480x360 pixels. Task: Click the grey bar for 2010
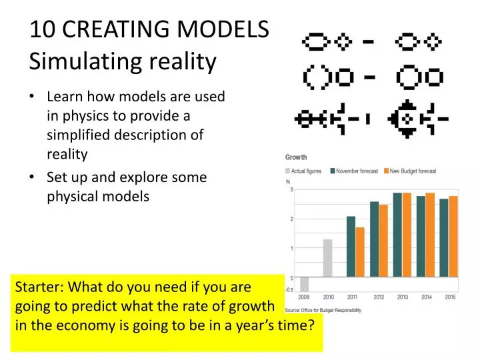click(x=327, y=258)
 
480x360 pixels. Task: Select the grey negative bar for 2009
click(x=304, y=284)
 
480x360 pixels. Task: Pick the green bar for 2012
click(x=374, y=239)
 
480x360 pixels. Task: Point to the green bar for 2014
click(x=421, y=236)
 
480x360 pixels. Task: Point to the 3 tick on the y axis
click(x=291, y=190)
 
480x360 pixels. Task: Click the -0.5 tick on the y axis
click(x=289, y=290)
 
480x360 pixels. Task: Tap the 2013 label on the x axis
click(x=403, y=297)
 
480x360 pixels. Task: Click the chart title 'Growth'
click(x=296, y=157)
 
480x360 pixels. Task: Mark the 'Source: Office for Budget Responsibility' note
click(x=323, y=311)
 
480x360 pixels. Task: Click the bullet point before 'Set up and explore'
click(x=33, y=178)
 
